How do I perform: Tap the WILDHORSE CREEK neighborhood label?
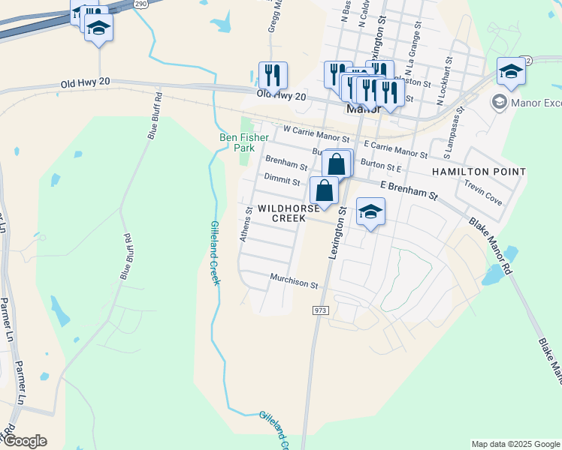(x=283, y=212)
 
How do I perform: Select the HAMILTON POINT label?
(x=479, y=172)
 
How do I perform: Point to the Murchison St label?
(x=295, y=283)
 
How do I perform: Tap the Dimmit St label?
(x=282, y=181)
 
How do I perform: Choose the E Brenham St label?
(x=409, y=189)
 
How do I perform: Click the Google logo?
(x=25, y=441)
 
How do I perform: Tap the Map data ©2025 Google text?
(x=515, y=444)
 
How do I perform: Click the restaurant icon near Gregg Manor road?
(x=272, y=74)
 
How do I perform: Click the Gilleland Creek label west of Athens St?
(x=214, y=253)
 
